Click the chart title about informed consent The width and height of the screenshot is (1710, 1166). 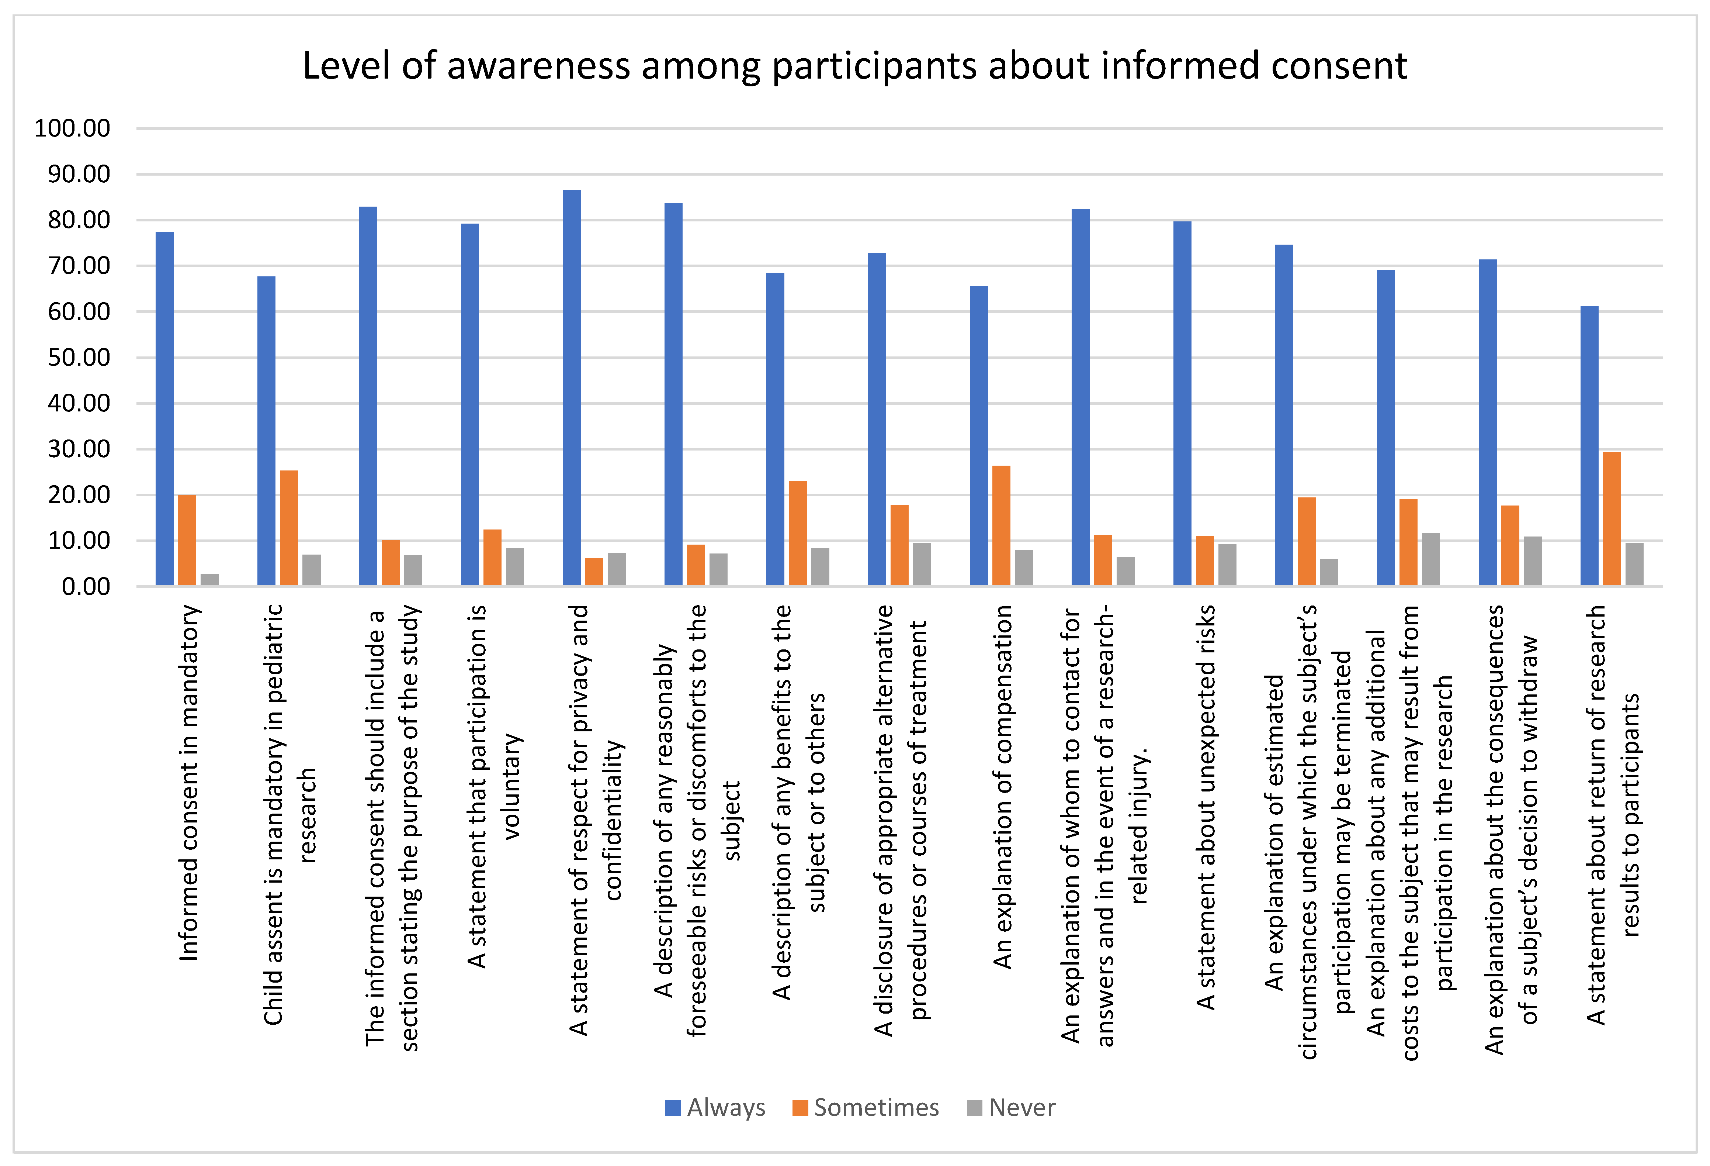pos(854,66)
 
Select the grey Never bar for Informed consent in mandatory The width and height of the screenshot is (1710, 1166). pos(210,580)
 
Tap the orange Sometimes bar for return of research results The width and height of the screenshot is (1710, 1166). pos(1612,519)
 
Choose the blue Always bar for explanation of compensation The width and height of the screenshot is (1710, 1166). pos(979,436)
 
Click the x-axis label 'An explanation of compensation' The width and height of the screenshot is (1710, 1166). pos(1002,786)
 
